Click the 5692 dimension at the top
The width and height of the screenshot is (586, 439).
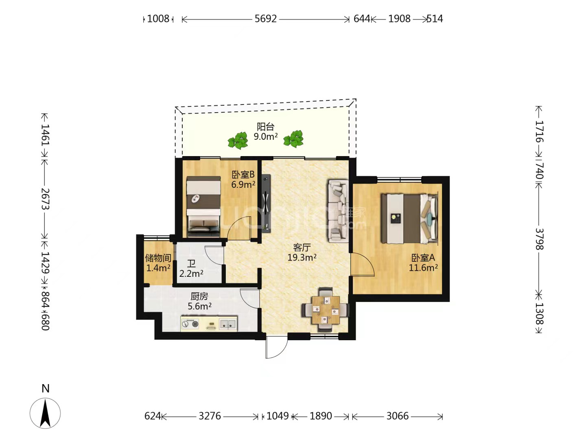265,19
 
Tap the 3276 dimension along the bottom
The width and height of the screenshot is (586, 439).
210,416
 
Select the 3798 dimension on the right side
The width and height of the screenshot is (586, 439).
539,239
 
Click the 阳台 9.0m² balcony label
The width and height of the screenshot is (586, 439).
265,131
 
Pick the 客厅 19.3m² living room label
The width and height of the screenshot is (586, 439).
302,252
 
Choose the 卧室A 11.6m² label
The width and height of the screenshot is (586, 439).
423,263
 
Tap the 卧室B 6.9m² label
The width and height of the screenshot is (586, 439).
243,179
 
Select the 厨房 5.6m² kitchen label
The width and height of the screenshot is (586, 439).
199,301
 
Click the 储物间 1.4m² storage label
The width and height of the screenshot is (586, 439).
158,263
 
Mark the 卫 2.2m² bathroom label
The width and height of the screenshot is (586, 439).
191,269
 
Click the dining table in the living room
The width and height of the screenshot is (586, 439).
326,309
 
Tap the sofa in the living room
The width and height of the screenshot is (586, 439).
339,211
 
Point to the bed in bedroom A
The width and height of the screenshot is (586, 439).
409,219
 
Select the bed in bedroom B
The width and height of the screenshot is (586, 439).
203,206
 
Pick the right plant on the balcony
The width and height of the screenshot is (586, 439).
293,139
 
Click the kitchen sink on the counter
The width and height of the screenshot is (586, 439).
228,324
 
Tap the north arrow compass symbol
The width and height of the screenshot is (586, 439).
45,413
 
